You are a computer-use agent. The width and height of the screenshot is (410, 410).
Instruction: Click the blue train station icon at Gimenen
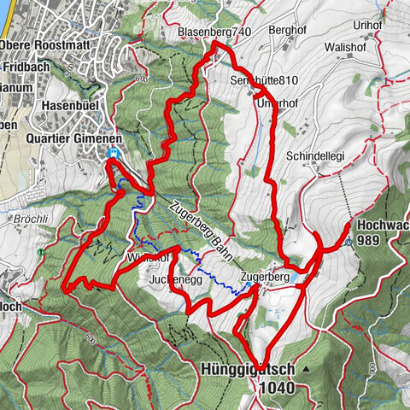114,154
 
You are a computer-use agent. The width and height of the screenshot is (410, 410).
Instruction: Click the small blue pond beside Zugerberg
294,278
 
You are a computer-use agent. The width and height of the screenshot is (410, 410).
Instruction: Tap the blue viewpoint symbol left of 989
350,241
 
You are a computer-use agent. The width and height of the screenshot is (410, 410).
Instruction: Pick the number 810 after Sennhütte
271,80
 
